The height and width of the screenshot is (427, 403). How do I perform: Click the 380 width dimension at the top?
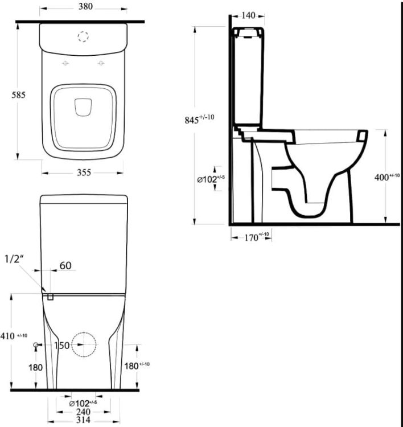(85, 6)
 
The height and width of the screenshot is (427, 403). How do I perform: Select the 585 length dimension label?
(18, 95)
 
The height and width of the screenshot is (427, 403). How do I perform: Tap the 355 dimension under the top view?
(84, 173)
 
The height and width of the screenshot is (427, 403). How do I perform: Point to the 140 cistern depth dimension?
(248, 15)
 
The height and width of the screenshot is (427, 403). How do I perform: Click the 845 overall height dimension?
(199, 119)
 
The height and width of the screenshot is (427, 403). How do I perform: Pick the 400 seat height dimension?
(386, 177)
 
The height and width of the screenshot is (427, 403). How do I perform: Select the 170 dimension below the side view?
(256, 237)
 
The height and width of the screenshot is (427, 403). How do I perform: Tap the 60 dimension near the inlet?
(65, 265)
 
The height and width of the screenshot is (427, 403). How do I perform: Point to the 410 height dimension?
(14, 336)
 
